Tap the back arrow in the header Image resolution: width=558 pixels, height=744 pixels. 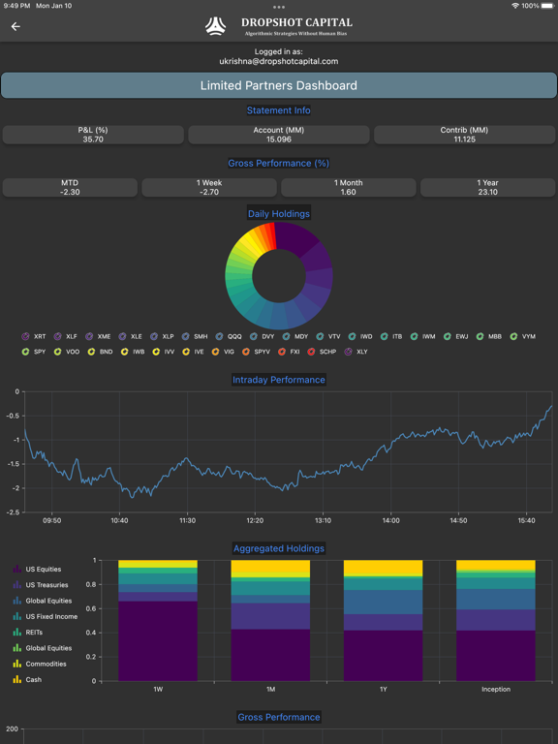[15, 27]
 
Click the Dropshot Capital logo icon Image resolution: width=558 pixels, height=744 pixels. [216, 26]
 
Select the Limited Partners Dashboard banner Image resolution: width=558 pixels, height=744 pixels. [279, 85]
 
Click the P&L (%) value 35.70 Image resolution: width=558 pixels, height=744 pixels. [93, 139]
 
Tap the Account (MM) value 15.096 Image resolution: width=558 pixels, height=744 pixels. [279, 139]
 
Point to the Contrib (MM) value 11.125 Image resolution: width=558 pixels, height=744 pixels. [464, 139]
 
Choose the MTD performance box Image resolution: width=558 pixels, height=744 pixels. [70, 187]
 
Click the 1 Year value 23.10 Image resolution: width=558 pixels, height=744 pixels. [487, 192]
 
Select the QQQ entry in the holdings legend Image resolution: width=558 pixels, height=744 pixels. [229, 336]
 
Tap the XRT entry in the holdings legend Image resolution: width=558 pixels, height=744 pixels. [34, 336]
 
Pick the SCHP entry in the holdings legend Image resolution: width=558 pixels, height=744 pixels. [322, 352]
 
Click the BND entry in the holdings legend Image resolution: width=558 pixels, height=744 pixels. [100, 352]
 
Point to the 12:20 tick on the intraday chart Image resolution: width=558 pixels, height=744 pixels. [255, 520]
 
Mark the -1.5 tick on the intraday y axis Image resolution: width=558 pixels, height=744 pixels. [13, 463]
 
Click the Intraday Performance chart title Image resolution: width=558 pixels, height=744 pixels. [279, 380]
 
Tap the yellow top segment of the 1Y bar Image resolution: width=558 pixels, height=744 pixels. [383, 568]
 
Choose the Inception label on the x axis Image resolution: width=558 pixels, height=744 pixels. [495, 690]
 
